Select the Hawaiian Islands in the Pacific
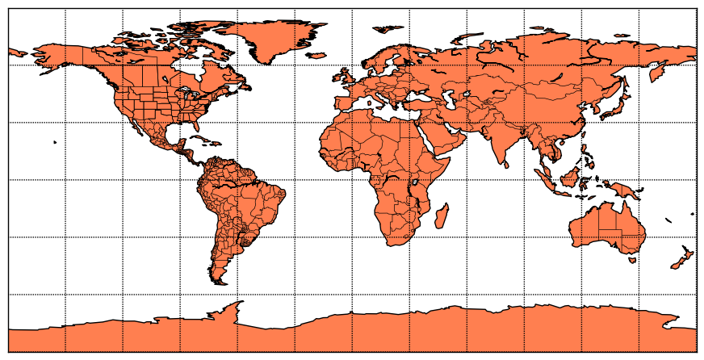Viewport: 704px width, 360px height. click(54, 143)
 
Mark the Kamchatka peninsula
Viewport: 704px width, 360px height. click(657, 73)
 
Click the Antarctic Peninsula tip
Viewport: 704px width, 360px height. click(240, 303)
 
